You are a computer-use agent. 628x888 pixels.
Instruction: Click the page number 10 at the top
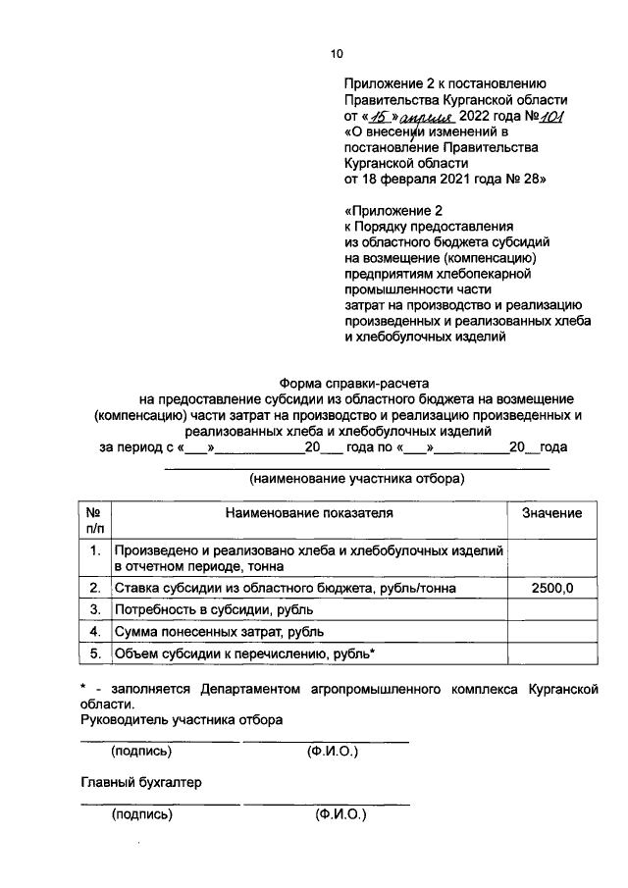pos(337,54)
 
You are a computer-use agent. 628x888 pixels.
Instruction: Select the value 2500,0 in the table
pos(551,588)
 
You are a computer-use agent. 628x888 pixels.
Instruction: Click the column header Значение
pos(551,513)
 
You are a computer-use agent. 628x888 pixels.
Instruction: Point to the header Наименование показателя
pos(309,513)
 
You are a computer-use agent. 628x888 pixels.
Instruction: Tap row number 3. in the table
pos(95,609)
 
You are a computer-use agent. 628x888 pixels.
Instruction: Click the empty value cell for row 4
pos(551,631)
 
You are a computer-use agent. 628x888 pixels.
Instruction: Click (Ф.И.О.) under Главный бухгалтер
pos(340,814)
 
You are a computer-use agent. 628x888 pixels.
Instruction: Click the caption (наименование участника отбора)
pos(356,479)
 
